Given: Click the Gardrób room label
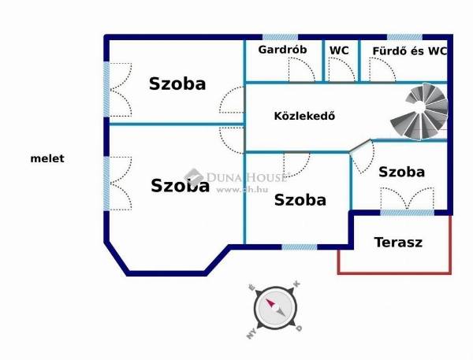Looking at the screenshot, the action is pos(282,50).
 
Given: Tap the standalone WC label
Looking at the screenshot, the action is pos(339,50).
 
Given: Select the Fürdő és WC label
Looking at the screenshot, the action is pos(409,51).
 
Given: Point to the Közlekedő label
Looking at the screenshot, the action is pos(304,116).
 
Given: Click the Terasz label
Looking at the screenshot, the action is pos(398,242).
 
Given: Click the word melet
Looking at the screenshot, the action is pos(47,158).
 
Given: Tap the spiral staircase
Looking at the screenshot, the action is pos(419,111).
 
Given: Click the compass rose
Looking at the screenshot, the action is pos(275,309).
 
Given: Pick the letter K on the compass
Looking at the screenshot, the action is pos(296,284).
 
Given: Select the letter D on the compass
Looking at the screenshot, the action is pos(299,328).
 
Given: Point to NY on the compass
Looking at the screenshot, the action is pos(251,334).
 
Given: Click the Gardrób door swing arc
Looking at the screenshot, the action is pos(302,69).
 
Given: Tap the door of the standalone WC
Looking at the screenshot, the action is pos(341,69).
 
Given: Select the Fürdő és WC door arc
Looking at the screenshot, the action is pos(382,69).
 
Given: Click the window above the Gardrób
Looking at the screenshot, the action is pos(280,37).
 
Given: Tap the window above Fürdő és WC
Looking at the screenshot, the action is pos(405,37).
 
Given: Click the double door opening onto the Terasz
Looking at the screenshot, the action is pos(408,199).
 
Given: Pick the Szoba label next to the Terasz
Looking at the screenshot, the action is pos(402,172).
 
